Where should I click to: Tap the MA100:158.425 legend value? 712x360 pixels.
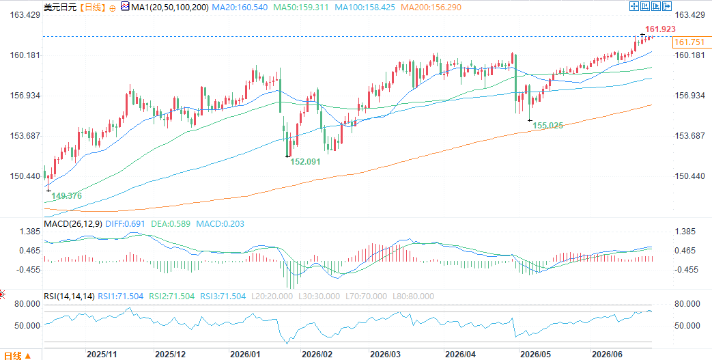click(x=365, y=8)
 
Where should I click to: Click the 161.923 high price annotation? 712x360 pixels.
click(x=660, y=29)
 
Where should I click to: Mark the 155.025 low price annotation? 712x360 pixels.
click(x=548, y=126)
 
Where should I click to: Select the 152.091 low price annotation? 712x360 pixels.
click(x=306, y=161)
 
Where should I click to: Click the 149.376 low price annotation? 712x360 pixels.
click(x=66, y=196)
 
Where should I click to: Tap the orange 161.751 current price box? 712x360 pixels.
click(x=689, y=42)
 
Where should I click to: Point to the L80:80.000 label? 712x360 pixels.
click(x=413, y=296)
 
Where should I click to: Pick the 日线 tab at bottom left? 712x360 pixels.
click(x=13, y=355)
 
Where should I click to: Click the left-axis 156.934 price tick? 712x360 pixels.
click(x=25, y=96)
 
